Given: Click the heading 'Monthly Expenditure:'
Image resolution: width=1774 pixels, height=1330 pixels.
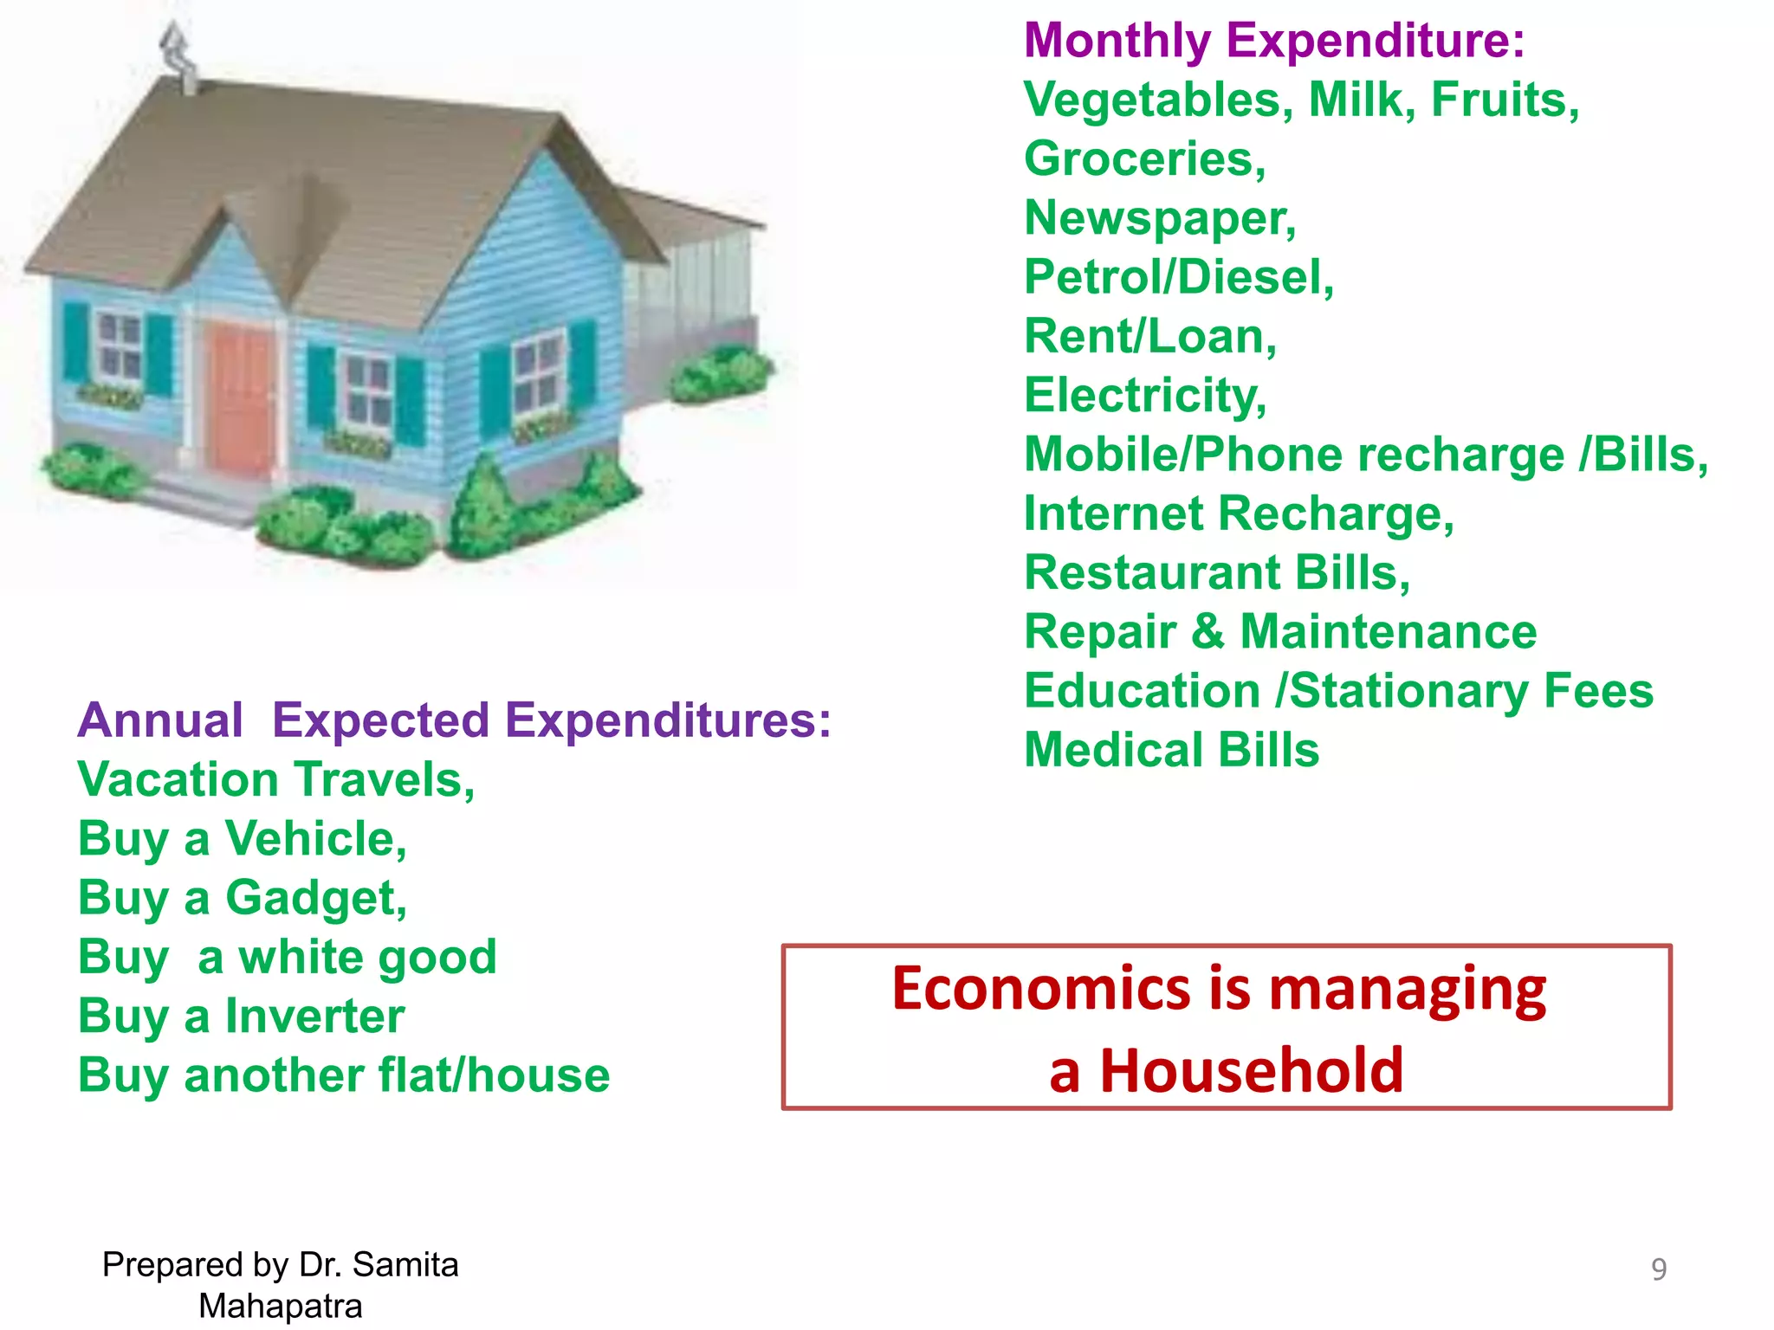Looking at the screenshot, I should pos(1273,41).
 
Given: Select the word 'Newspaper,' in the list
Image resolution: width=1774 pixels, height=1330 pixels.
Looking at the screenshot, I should pos(1160,218).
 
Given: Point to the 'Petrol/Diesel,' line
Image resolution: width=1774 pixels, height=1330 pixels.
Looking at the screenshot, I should pos(1179,278).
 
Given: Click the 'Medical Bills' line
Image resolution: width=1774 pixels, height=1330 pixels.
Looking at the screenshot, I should pos(1171,750).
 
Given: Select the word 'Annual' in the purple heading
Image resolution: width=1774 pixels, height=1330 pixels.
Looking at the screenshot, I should pos(160,720).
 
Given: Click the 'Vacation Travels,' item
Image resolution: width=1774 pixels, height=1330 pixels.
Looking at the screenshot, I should pos(276,780).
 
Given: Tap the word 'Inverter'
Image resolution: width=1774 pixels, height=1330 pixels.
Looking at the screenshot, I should pos(314,1016).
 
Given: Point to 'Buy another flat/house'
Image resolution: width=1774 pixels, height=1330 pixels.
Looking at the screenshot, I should pos(344,1075).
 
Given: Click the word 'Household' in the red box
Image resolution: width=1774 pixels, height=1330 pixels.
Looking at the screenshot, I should pos(1251,1071).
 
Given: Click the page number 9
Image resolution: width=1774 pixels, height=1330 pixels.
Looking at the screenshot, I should pos(1658,1269).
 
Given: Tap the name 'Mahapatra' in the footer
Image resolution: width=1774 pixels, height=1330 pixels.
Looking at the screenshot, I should pos(280,1306).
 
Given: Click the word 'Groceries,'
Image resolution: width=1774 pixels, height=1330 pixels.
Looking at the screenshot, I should pos(1144,159).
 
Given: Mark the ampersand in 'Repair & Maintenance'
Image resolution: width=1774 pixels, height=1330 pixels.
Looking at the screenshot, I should pos(1208,632).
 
